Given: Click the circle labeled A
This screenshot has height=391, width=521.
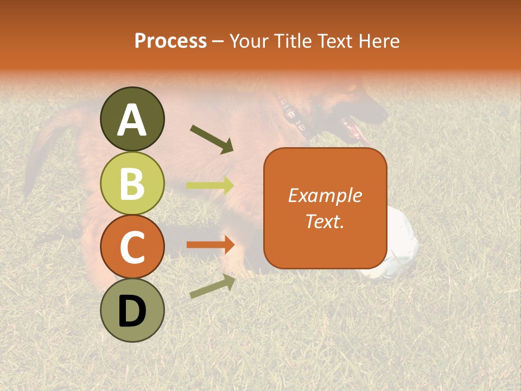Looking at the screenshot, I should [132, 119].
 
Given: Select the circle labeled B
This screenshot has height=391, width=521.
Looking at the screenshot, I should [132, 183].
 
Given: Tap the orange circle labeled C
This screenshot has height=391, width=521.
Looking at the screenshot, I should [132, 247].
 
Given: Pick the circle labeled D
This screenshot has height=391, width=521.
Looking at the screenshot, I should [132, 310].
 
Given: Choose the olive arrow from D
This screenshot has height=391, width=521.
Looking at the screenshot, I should [212, 286].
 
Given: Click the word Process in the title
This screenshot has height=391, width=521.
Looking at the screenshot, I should [170, 41].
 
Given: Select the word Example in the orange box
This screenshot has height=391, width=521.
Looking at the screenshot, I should [325, 195].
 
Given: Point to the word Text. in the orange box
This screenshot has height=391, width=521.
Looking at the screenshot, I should [325, 221].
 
